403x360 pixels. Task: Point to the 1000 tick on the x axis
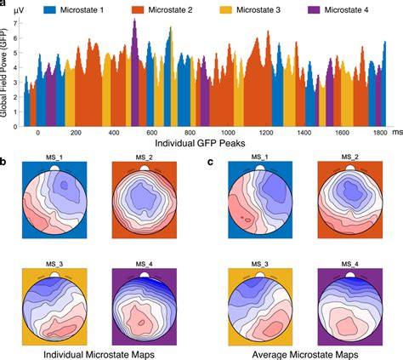point(227,134)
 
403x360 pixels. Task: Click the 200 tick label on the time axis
point(76,134)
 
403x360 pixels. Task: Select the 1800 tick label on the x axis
point(380,134)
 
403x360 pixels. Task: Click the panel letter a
point(4,5)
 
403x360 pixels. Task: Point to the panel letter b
point(4,158)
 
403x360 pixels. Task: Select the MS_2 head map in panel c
point(347,201)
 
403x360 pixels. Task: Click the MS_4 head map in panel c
point(347,304)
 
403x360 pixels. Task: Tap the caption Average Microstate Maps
point(299,351)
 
